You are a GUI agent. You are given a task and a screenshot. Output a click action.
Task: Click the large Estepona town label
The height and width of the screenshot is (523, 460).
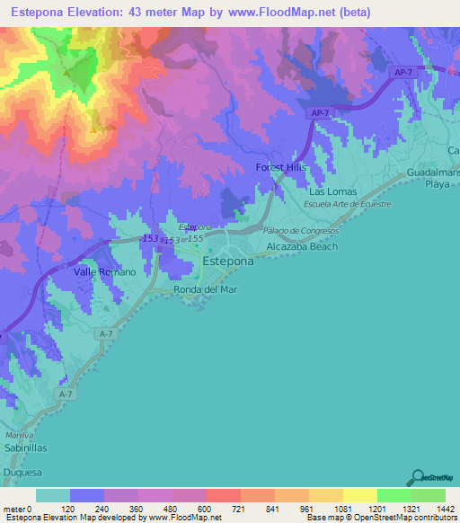click(x=229, y=261)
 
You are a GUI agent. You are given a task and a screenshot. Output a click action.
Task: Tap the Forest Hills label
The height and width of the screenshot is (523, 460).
click(x=281, y=168)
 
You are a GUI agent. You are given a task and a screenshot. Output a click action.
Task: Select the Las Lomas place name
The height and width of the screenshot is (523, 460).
click(x=332, y=191)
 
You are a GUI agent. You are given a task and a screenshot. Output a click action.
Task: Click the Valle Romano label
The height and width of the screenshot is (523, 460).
click(x=104, y=271)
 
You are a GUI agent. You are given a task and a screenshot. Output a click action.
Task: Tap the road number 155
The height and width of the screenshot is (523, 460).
click(x=195, y=238)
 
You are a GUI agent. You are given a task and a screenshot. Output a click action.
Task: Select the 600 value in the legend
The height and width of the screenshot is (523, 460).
click(x=205, y=509)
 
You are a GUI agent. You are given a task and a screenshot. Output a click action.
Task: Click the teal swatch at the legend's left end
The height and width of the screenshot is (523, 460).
click(x=53, y=495)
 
